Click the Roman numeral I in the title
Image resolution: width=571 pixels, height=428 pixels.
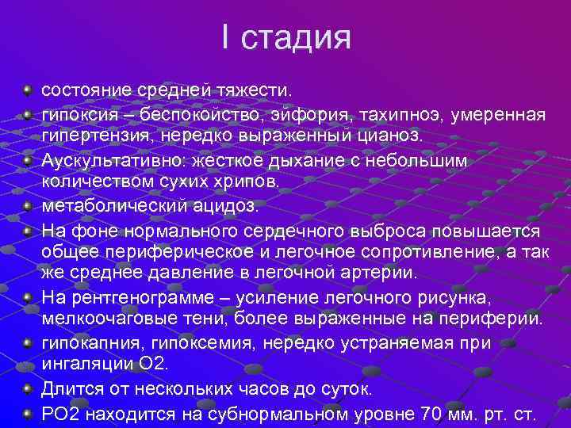coord(227,37)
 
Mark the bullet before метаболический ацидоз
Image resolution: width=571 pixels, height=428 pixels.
coord(28,206)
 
